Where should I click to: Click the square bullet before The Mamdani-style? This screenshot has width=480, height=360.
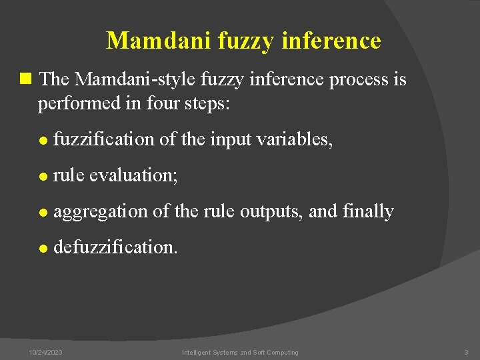click(x=26, y=79)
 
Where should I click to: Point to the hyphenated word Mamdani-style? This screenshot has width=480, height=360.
click(x=135, y=80)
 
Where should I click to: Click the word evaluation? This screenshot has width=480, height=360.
click(x=133, y=175)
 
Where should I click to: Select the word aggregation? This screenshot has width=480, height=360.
click(x=101, y=212)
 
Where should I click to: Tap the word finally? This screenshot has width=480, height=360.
click(x=367, y=211)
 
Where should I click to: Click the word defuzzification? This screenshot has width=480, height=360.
click(x=115, y=247)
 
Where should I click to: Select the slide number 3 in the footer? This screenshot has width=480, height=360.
click(x=466, y=352)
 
